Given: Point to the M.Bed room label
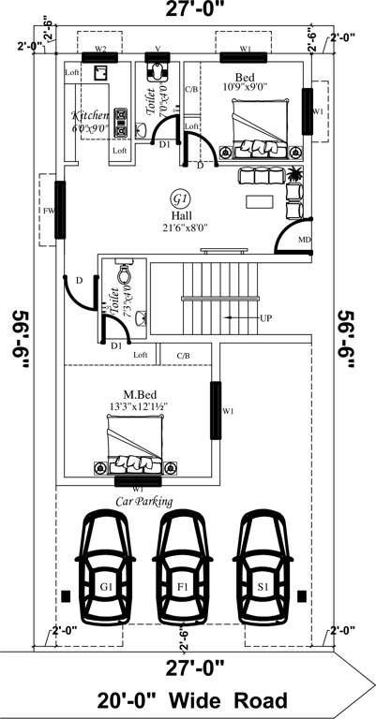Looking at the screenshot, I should [x=138, y=394].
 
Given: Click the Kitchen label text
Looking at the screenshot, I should [x=91, y=116].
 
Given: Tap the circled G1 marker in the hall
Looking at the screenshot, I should [x=180, y=198].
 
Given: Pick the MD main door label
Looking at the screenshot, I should [x=304, y=241].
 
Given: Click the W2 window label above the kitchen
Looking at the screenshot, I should [x=100, y=48].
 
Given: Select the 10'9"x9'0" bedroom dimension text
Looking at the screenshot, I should [x=245, y=87].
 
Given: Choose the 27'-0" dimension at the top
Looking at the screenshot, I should [x=187, y=12].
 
